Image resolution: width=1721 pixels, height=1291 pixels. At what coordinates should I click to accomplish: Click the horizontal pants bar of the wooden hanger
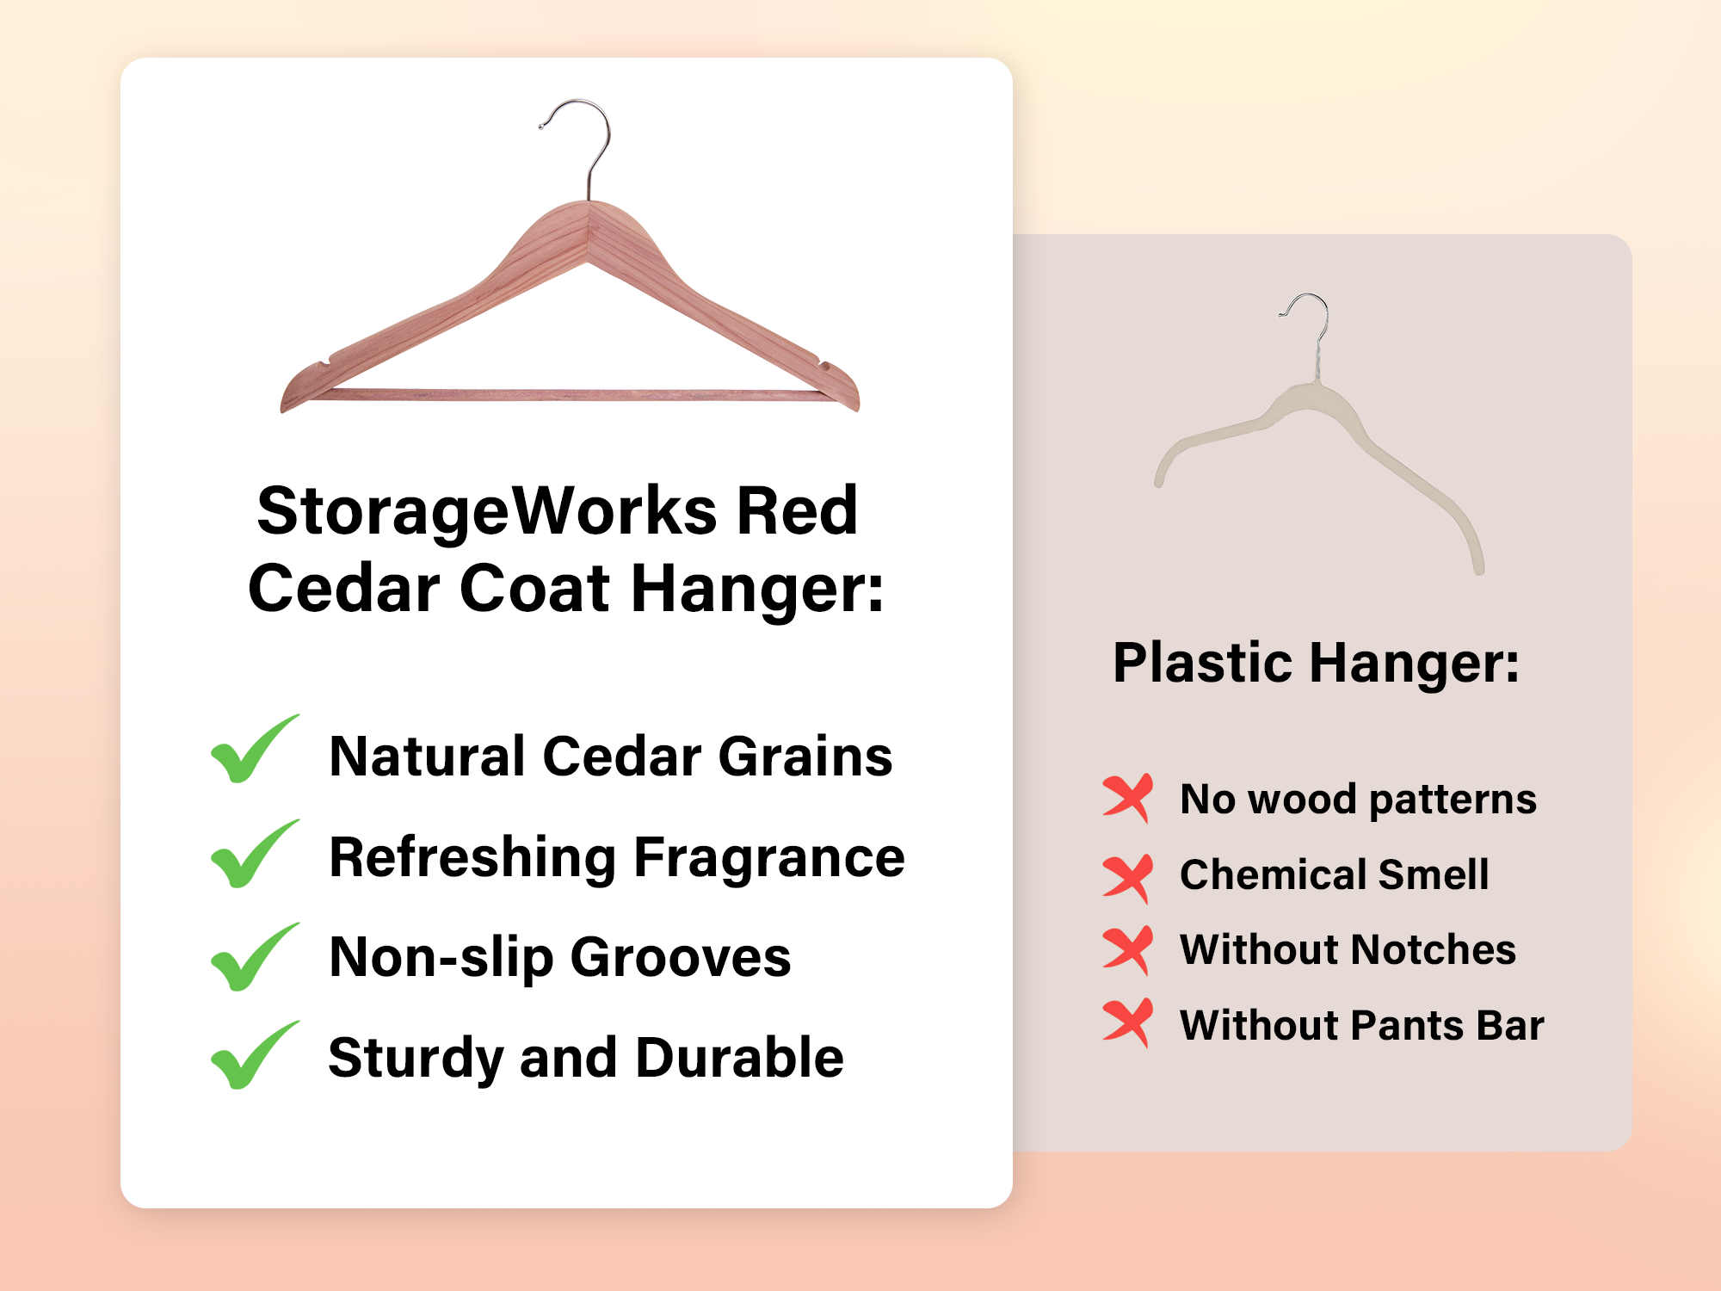coord(568,395)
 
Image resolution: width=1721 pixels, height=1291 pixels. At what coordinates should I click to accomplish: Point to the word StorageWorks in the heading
coord(487,511)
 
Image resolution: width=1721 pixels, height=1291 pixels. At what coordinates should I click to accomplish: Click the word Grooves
coord(681,957)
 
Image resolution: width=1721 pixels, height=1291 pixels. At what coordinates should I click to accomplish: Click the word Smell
coord(1434,874)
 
